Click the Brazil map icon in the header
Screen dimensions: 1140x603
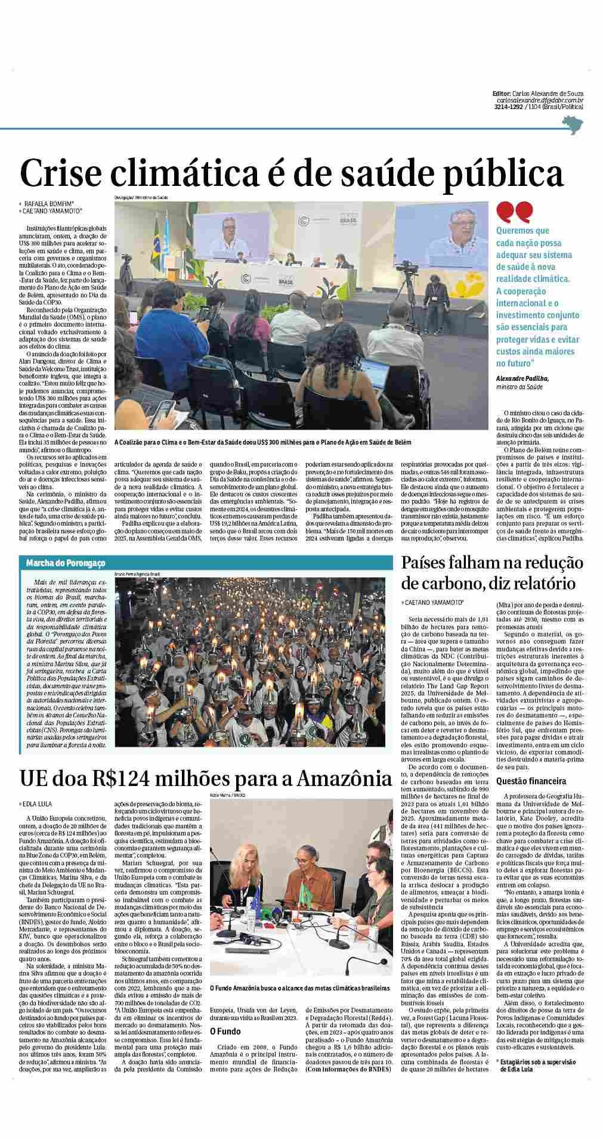573,126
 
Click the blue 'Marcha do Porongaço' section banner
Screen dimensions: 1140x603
66,562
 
